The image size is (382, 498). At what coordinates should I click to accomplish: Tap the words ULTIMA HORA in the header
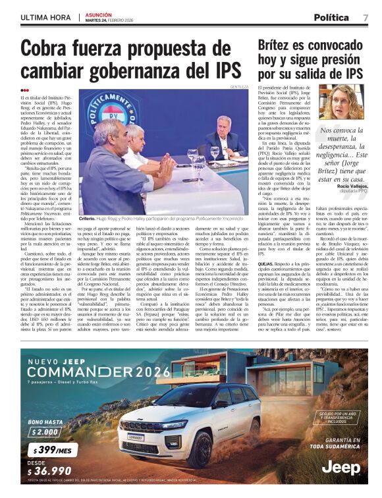tap(45, 17)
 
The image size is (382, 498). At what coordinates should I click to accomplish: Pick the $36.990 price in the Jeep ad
tap(49, 471)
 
